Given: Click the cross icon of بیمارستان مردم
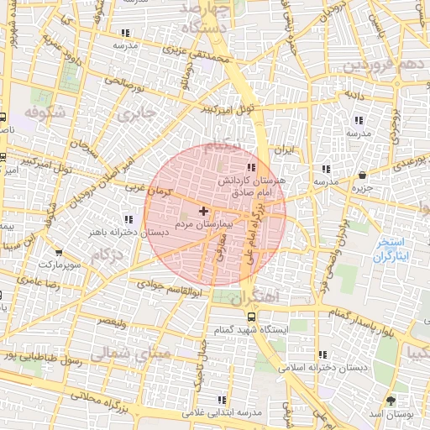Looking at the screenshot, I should click(204, 210).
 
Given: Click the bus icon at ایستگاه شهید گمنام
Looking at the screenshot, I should click(251, 316).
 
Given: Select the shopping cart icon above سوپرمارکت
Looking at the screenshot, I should click(58, 251).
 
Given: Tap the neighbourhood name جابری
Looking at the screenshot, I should click(136, 112).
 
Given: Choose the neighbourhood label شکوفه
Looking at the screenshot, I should click(45, 112).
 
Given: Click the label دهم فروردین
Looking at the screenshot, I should click(381, 65).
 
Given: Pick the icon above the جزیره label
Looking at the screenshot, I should click(362, 176).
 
